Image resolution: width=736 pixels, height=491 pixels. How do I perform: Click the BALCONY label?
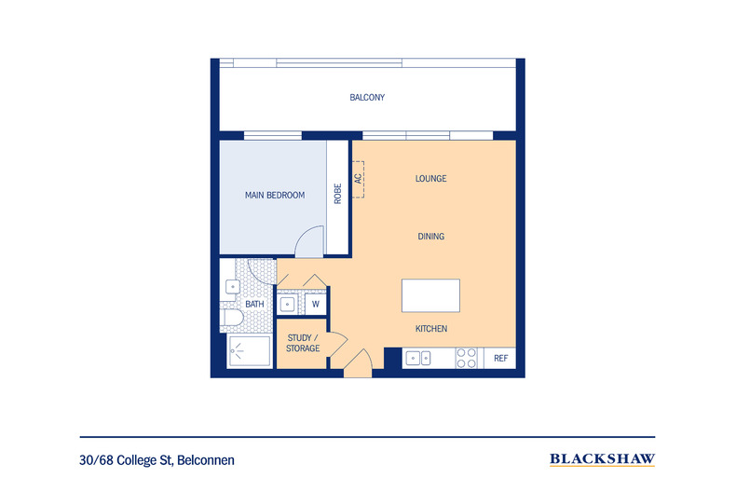tap(367, 97)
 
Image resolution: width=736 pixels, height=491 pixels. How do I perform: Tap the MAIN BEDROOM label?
tap(275, 196)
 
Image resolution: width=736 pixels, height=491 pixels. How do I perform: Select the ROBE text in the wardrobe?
tap(337, 193)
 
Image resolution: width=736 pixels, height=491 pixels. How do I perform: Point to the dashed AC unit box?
tap(358, 177)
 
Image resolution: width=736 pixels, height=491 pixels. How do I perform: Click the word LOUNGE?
tap(430, 178)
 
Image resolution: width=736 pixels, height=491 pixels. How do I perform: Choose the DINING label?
tap(430, 237)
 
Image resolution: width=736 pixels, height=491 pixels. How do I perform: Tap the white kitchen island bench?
tap(429, 295)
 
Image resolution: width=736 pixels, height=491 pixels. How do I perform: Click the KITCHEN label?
tap(431, 329)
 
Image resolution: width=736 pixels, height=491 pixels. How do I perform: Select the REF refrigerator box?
tap(500, 358)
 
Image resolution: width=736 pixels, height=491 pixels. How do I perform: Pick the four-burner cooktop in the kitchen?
tap(467, 358)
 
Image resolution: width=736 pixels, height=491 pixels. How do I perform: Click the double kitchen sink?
tap(419, 358)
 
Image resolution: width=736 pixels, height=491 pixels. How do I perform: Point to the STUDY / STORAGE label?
tap(303, 343)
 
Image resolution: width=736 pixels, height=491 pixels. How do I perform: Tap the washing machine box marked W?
tap(316, 304)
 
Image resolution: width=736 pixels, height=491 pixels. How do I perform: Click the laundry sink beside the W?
tap(289, 304)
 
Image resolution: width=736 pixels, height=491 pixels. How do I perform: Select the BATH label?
tap(254, 304)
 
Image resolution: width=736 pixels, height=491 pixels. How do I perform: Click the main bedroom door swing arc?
tap(308, 244)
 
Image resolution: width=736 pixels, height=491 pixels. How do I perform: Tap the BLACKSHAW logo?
tap(602, 458)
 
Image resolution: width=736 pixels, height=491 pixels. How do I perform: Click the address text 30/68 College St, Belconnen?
tap(157, 459)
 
